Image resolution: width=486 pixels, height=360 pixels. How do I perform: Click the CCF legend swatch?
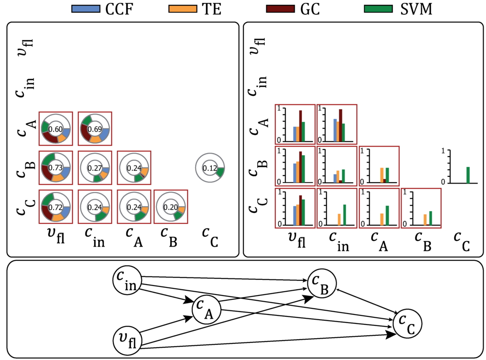(86, 9)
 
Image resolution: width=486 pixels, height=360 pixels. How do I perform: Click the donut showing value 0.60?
(56, 129)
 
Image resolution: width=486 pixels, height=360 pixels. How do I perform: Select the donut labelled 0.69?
(95, 129)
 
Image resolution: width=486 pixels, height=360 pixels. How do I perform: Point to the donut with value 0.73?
(56, 167)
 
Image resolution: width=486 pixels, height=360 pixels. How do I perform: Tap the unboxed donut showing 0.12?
(210, 167)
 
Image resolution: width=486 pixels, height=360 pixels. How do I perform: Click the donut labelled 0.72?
(56, 207)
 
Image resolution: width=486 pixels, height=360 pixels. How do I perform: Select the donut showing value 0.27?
(95, 167)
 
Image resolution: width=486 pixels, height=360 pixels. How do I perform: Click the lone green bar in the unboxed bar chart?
(467, 175)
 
